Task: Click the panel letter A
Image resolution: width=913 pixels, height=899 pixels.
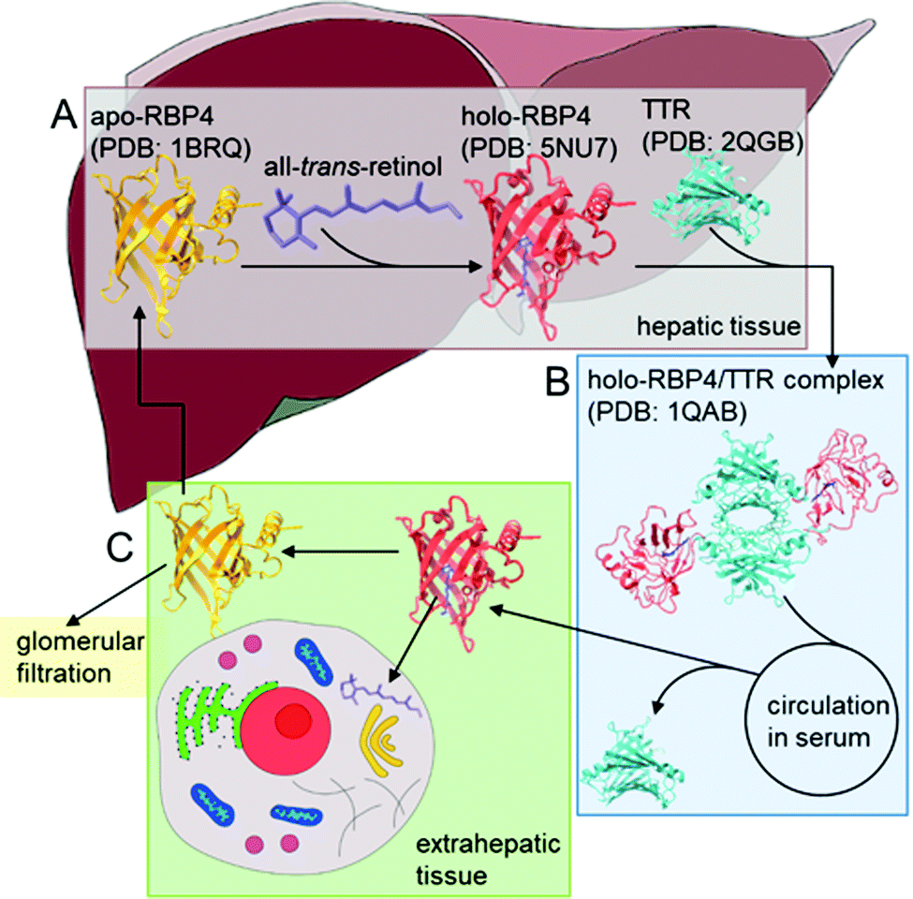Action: [64, 114]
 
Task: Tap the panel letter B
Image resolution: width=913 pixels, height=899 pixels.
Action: [556, 381]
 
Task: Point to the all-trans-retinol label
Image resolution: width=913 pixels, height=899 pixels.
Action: [353, 167]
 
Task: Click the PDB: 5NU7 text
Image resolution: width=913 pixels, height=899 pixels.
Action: [538, 148]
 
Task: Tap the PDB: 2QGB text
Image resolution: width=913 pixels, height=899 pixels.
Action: [723, 141]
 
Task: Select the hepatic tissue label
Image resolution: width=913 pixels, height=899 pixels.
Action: [718, 326]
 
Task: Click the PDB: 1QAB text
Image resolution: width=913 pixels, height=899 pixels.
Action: [667, 412]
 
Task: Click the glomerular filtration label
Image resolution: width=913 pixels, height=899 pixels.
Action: [80, 657]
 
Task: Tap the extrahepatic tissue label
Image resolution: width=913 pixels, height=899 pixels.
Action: [488, 860]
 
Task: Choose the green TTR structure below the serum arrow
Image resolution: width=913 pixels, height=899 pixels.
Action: [632, 763]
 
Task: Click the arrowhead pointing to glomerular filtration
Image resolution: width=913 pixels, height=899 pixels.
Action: [73, 618]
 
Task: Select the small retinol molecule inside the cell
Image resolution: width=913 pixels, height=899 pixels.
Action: [381, 695]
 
